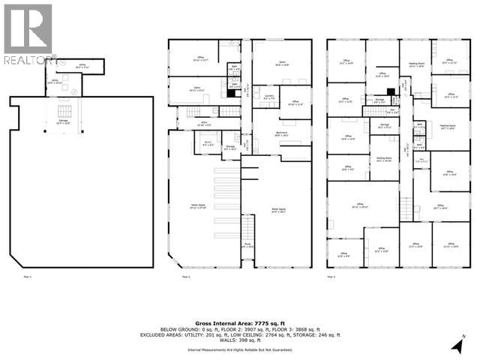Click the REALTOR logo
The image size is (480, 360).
coord(28,34)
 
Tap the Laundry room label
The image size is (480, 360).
coord(263,97)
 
